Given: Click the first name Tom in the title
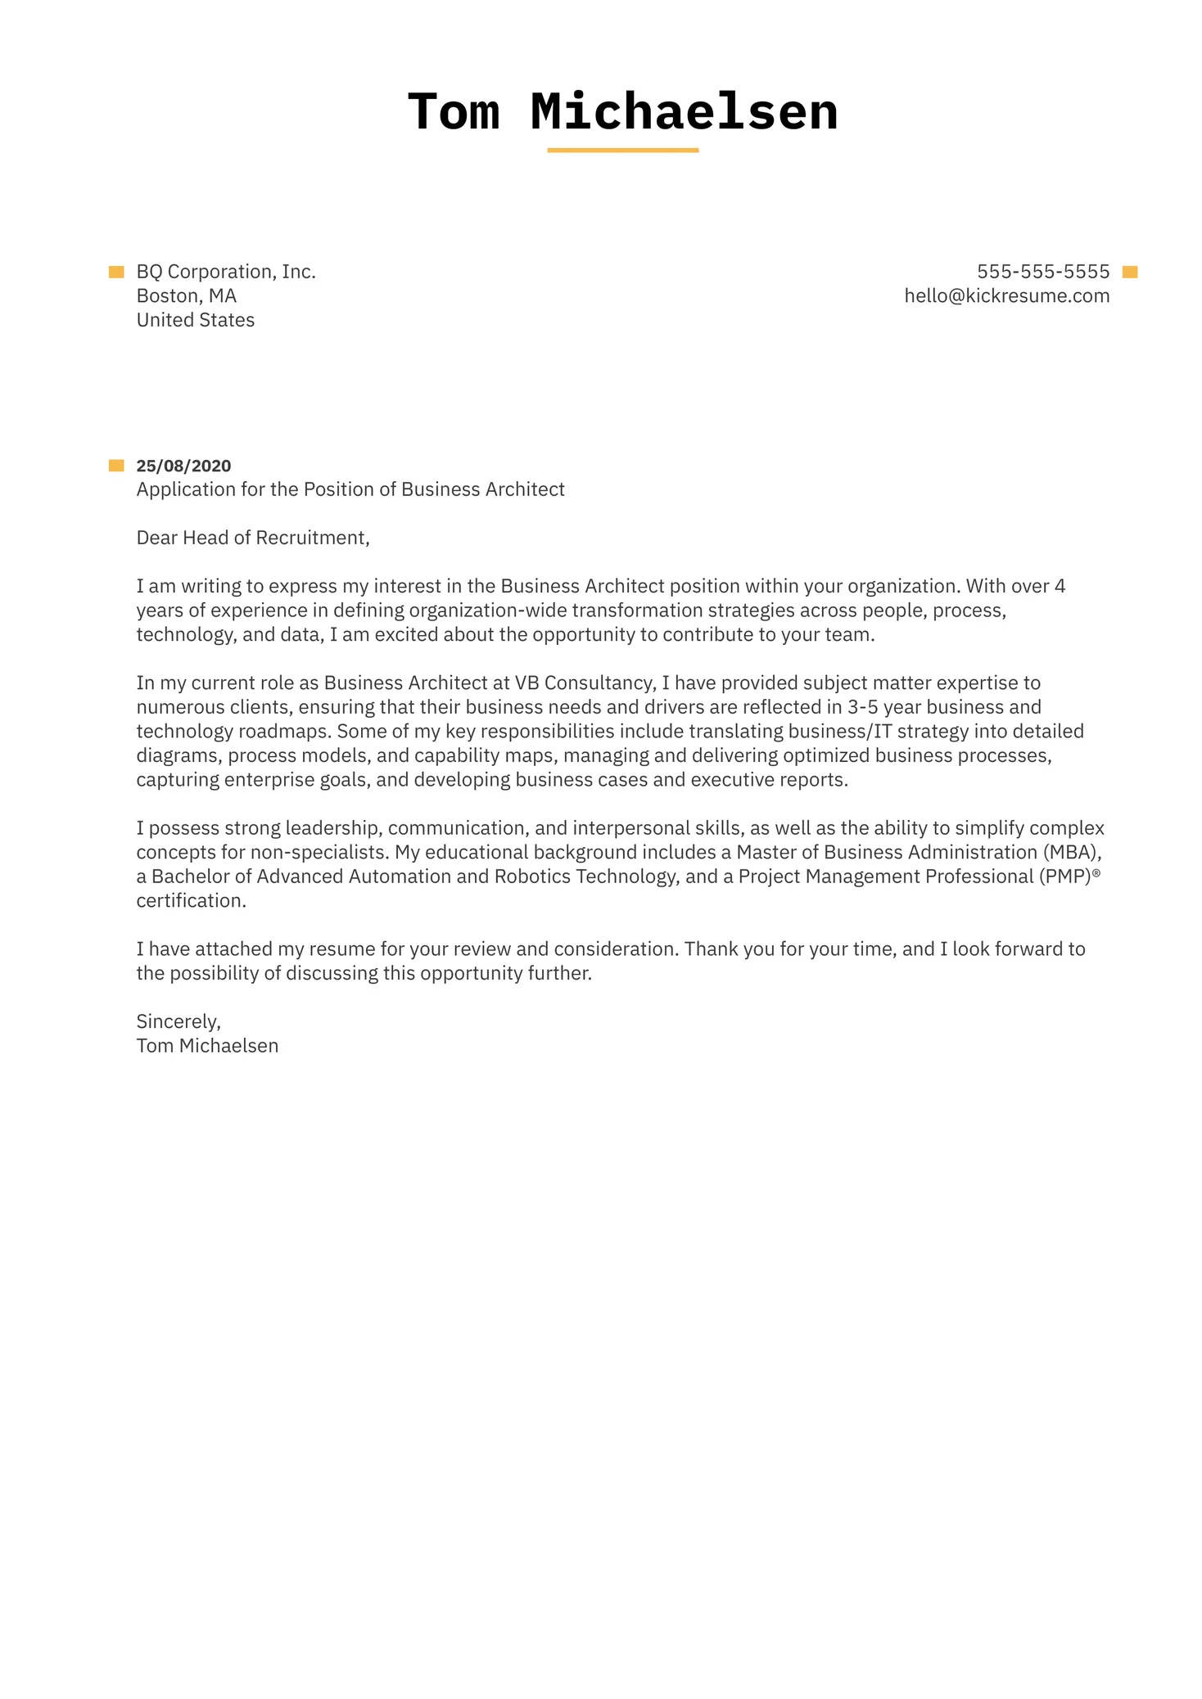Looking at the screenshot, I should point(454,112).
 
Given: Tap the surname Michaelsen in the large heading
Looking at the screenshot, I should point(684,112).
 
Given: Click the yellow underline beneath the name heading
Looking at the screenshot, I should point(622,151).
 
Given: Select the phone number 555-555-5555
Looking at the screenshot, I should point(1042,272).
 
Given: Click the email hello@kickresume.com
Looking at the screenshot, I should point(1006,296).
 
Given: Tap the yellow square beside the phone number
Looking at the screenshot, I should point(1130,273).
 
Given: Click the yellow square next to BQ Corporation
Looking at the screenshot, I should point(116,272).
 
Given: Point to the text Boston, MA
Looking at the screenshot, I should point(186,296).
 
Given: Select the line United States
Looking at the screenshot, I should point(195,320).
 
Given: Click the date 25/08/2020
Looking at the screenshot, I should point(183,466).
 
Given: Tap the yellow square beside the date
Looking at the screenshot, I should point(116,466).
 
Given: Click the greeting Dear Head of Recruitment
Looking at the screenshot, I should point(252,538).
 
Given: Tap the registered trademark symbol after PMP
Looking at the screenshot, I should point(1096,873).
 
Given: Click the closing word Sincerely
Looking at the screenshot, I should point(178,1021).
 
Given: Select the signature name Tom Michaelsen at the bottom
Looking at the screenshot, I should point(207,1046).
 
